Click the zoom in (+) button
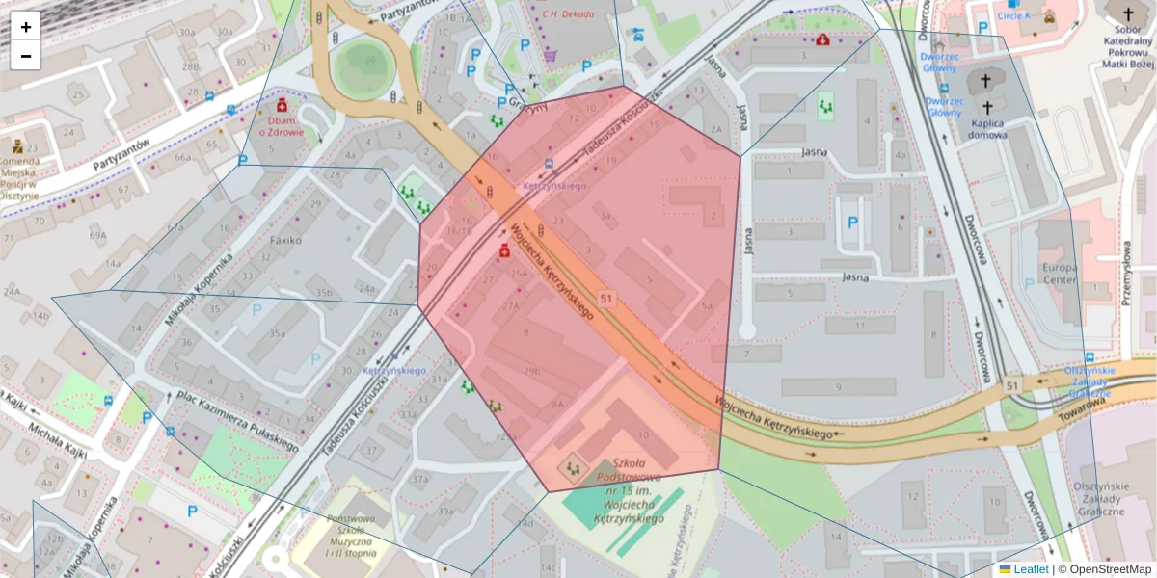(26, 27)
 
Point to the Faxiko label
(285, 240)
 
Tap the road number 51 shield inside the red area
(605, 299)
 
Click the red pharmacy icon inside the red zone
(503, 251)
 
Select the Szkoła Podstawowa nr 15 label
(630, 490)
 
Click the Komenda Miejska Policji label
(19, 178)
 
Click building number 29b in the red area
(531, 371)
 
